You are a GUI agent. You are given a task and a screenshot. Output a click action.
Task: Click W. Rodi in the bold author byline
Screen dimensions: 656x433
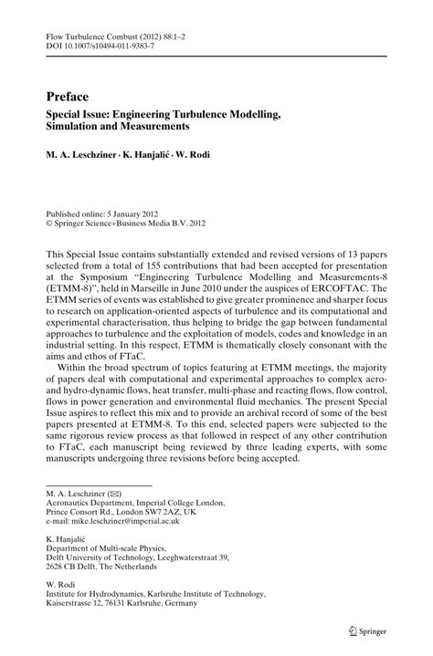(x=218, y=155)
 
